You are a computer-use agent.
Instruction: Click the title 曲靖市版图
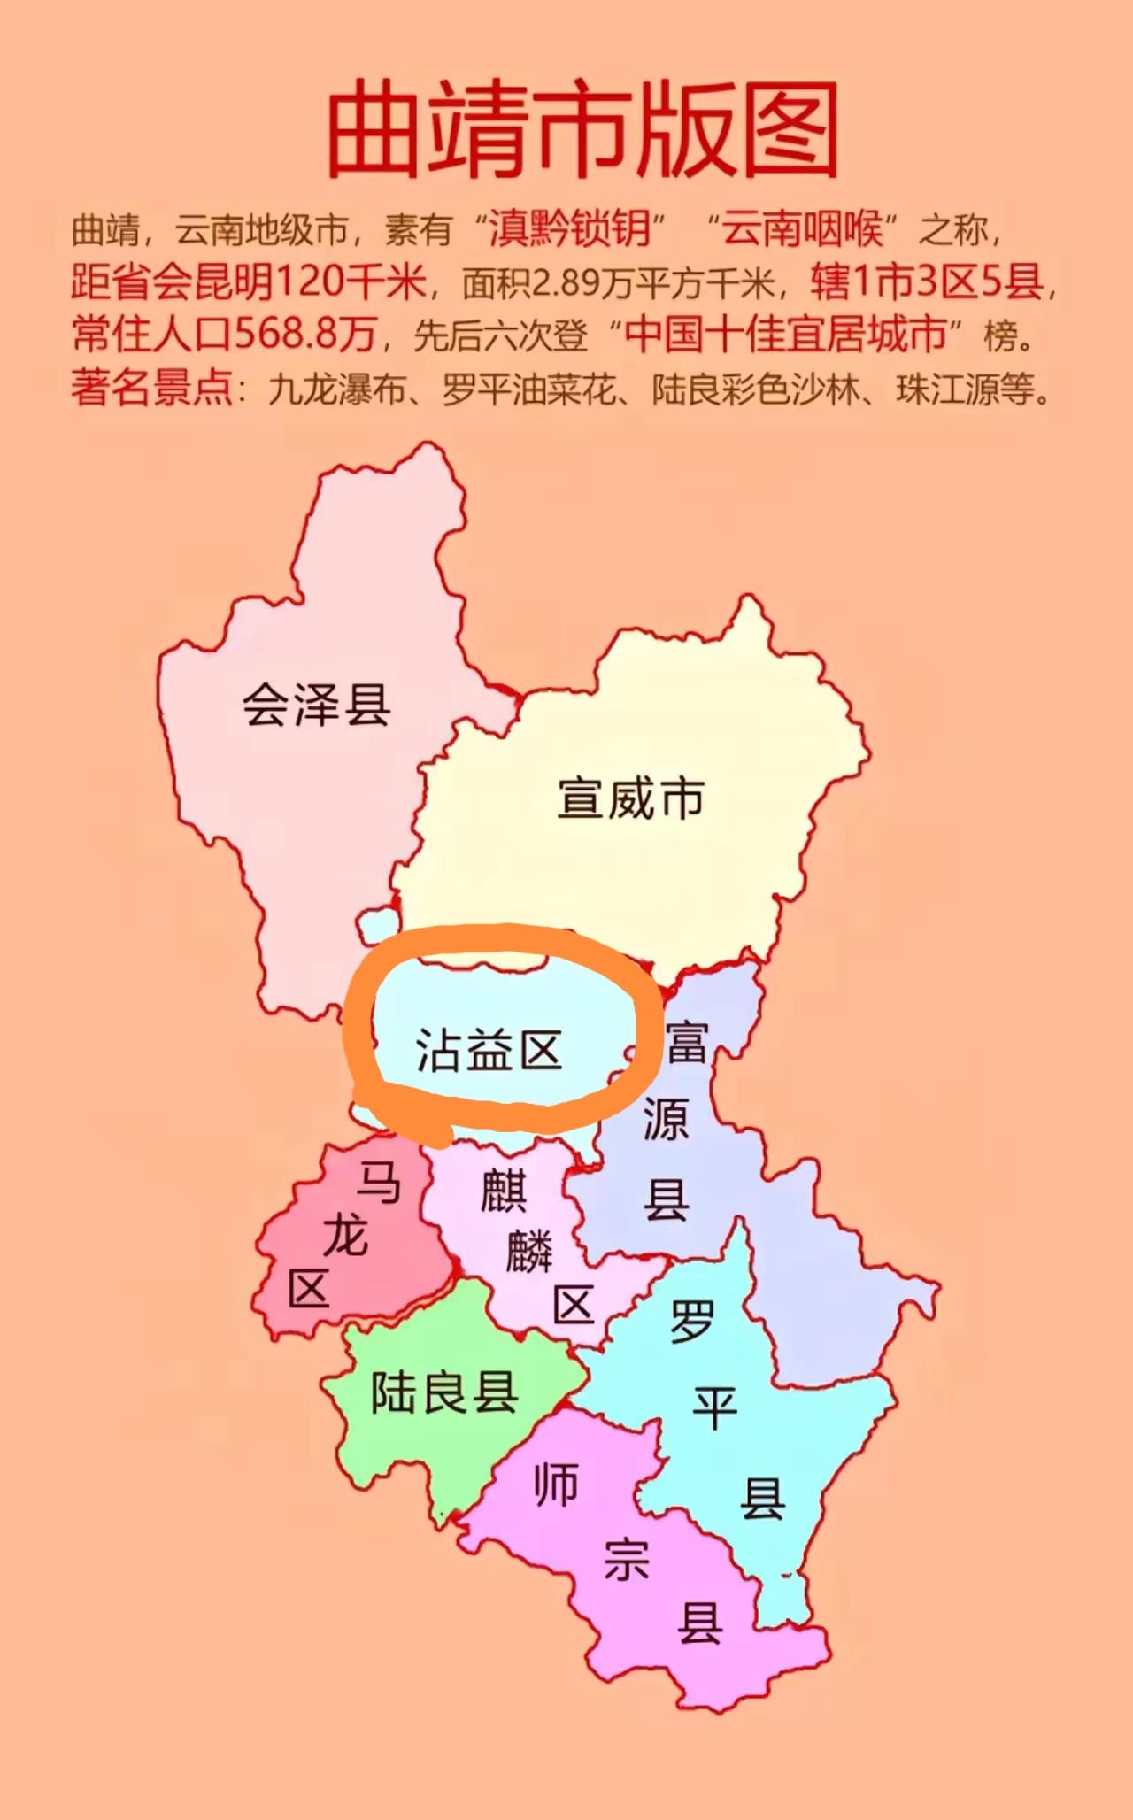(582, 130)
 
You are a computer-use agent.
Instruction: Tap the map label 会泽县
(316, 705)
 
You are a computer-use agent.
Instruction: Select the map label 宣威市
(630, 798)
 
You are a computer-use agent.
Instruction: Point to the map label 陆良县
(443, 1392)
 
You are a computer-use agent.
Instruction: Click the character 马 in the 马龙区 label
(379, 1184)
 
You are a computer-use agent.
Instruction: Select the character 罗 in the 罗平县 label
(692, 1322)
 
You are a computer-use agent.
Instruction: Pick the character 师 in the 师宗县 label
(557, 1485)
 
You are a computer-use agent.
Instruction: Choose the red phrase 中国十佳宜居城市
(786, 335)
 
